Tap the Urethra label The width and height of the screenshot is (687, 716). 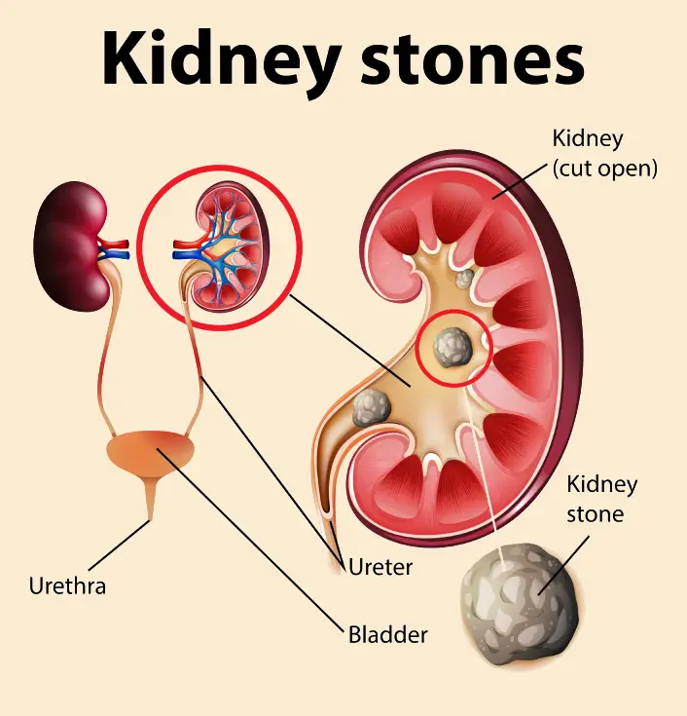[x=67, y=586]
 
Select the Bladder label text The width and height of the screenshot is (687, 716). [x=388, y=635]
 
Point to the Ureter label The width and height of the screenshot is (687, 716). [x=380, y=565]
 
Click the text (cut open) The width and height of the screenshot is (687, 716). [x=604, y=168]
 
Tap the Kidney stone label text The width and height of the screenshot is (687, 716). [x=601, y=498]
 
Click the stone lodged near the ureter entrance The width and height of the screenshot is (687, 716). [x=371, y=408]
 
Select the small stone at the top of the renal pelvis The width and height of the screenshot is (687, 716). [x=466, y=278]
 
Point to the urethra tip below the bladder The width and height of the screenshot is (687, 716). [x=150, y=512]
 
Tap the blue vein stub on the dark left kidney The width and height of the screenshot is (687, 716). [x=116, y=255]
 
